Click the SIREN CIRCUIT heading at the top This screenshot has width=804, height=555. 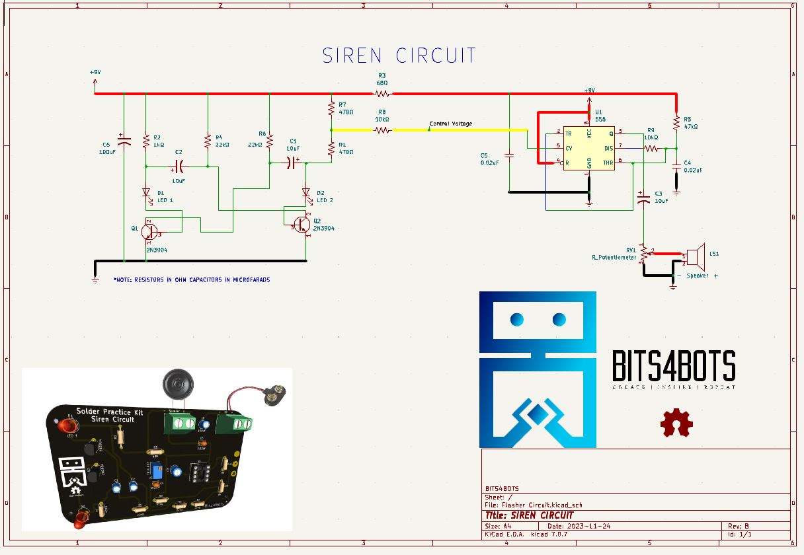pyautogui.click(x=399, y=55)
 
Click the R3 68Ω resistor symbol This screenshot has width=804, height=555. pyautogui.click(x=382, y=93)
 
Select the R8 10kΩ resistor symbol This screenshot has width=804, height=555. pyautogui.click(x=382, y=130)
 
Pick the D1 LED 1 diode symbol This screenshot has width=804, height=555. pyautogui.click(x=146, y=193)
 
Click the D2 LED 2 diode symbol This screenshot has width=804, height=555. pyautogui.click(x=306, y=193)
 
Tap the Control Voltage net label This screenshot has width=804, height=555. pyautogui.click(x=451, y=124)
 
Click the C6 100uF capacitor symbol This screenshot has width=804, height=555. pyautogui.click(x=124, y=140)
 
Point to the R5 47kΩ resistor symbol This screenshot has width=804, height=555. pyautogui.click(x=676, y=123)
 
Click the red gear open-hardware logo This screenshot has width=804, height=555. pyautogui.click(x=676, y=424)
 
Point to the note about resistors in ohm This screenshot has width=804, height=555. pyautogui.click(x=192, y=280)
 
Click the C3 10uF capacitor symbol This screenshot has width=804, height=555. pyautogui.click(x=641, y=196)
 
